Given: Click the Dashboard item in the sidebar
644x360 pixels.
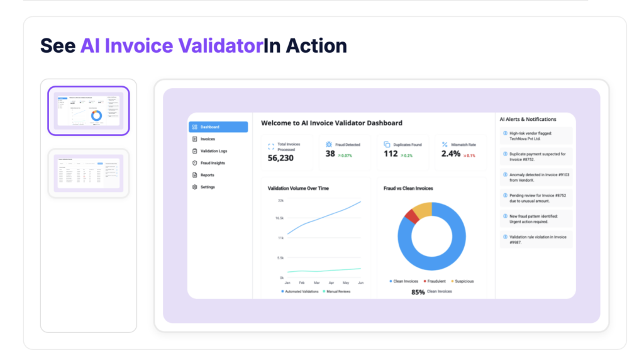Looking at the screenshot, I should [x=218, y=127].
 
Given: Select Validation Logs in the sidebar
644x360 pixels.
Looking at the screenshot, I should [x=214, y=151].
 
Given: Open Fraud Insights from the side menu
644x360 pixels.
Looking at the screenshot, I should [x=213, y=163].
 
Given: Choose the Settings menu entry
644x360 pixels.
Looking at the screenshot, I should [x=208, y=187].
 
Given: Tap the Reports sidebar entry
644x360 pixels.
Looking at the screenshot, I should [x=207, y=175].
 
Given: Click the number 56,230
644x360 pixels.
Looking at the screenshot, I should [x=280, y=158].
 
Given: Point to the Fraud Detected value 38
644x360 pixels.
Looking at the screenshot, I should [x=330, y=154].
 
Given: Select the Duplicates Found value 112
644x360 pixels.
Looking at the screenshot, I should [x=391, y=154].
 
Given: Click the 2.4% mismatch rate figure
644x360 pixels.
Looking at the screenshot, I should [x=451, y=154].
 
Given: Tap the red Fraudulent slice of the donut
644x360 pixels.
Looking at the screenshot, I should [x=411, y=217].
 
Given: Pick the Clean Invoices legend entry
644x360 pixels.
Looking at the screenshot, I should [x=404, y=281].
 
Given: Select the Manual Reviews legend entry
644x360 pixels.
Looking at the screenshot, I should [x=336, y=291].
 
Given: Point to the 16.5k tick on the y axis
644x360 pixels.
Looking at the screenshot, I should [x=279, y=218].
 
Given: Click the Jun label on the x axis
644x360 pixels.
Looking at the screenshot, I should [x=360, y=283].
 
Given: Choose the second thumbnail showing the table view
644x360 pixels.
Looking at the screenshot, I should [x=89, y=173].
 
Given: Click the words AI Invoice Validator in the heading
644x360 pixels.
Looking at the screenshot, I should [x=170, y=46].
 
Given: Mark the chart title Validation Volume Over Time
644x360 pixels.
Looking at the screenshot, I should [x=298, y=188].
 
